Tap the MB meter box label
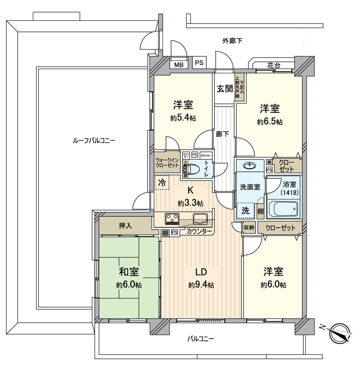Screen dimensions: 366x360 pos(179,64)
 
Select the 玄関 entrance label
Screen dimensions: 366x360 pos(224,89)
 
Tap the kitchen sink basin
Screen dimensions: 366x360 pos(200,218)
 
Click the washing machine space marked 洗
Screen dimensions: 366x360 pos(245,211)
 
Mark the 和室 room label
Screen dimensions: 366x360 pos(129,272)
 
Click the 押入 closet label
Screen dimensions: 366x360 pos(125,226)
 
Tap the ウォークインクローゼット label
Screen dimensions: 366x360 pos(167,162)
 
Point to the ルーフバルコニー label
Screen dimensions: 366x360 pos(93,141)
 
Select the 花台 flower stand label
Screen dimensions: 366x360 pos(274,66)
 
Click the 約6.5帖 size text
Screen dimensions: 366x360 pos(270,122)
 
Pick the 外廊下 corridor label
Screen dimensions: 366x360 pos(232,41)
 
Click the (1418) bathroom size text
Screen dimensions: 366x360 pos(289,192)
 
